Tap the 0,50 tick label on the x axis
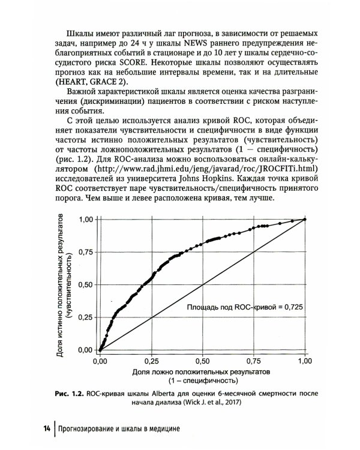click(203, 362)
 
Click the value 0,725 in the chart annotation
click(294, 308)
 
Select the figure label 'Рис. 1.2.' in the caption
click(67, 394)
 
